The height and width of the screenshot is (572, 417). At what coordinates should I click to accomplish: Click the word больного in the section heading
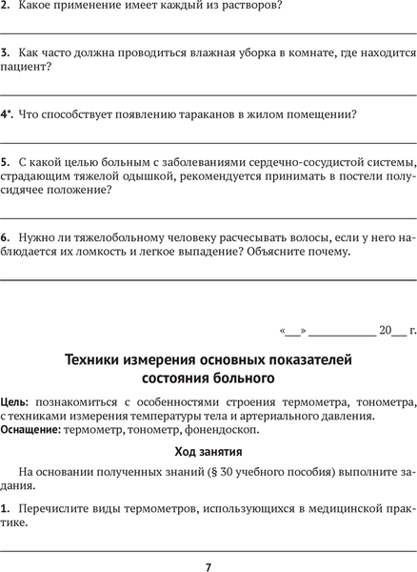click(243, 378)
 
